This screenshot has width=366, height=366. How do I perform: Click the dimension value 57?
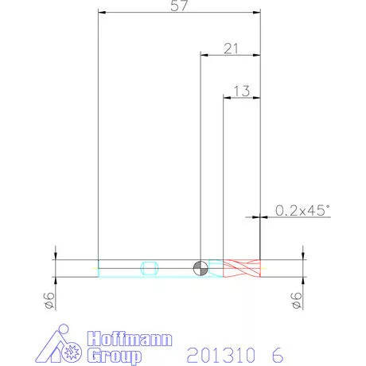179,6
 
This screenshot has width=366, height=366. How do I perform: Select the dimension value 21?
231,49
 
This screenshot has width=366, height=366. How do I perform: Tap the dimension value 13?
242,91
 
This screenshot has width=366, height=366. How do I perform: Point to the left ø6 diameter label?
49,301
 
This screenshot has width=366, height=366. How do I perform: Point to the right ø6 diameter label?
297,301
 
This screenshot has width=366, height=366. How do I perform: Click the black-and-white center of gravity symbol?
201,268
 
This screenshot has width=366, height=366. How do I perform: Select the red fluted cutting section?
242,268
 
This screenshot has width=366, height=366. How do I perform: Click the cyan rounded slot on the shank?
150,268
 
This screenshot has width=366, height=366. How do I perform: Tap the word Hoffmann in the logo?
130,339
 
